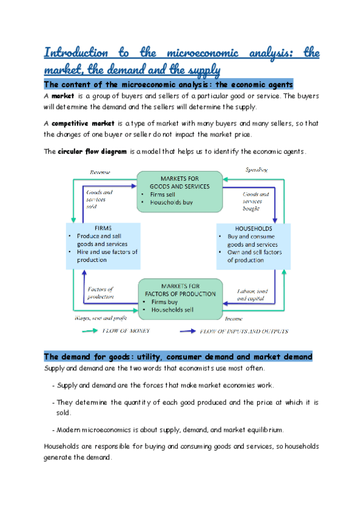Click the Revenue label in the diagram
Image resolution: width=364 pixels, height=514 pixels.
click(x=101, y=173)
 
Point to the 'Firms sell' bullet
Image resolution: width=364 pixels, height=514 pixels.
click(x=164, y=195)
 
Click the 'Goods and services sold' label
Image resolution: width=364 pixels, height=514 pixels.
click(x=99, y=199)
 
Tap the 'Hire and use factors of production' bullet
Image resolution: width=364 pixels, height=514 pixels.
click(x=106, y=255)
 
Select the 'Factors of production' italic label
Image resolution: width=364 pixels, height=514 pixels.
click(x=101, y=293)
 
